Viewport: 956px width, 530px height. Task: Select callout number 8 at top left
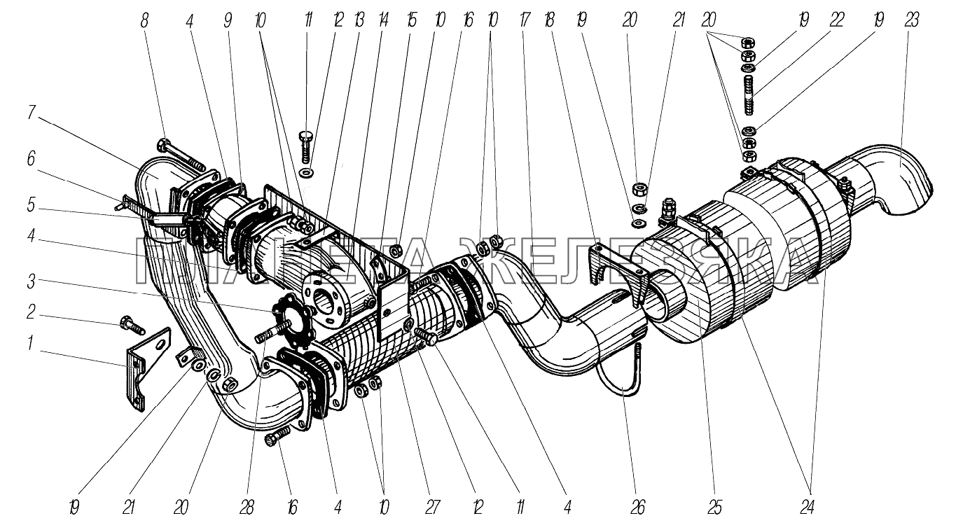(145, 21)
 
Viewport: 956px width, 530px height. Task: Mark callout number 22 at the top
(836, 20)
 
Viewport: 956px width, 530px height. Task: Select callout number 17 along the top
(522, 20)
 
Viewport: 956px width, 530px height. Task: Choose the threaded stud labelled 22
(749, 95)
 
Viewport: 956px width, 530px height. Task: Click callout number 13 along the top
(359, 20)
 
